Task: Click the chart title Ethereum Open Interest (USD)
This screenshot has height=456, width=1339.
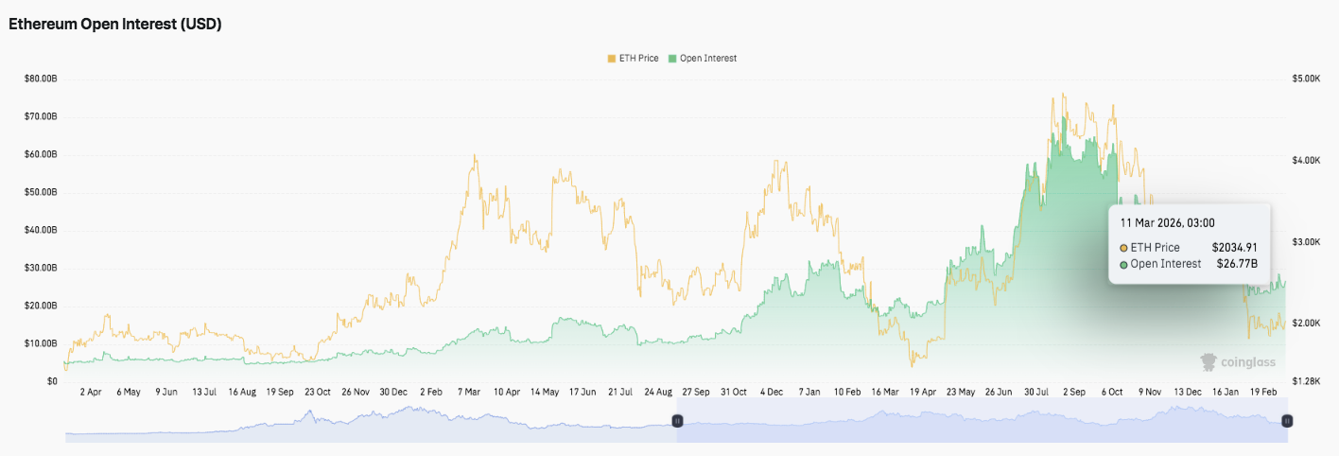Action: click(114, 25)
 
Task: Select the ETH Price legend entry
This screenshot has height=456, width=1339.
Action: click(633, 59)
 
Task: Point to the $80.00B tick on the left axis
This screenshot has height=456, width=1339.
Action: click(40, 79)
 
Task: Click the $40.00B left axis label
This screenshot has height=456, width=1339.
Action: click(40, 230)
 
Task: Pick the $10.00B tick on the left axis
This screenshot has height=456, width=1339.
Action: click(40, 343)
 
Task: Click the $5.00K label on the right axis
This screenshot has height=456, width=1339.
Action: click(1305, 79)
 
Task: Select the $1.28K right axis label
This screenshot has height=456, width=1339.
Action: click(1305, 381)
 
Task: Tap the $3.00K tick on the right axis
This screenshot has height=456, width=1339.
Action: click(1305, 242)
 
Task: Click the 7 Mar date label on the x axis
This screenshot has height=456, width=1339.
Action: click(468, 392)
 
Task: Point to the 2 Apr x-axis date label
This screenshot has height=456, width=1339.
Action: click(91, 392)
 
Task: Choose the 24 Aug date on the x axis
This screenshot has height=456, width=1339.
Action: click(659, 392)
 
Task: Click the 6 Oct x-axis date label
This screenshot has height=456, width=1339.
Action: click(1111, 392)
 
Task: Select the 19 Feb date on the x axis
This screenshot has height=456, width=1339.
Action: click(1263, 392)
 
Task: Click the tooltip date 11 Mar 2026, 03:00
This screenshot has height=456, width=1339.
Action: click(1167, 223)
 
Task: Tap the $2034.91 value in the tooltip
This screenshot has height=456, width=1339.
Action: click(1234, 248)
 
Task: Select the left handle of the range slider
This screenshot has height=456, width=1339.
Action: click(677, 420)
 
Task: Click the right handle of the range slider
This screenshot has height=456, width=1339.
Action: click(1287, 420)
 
